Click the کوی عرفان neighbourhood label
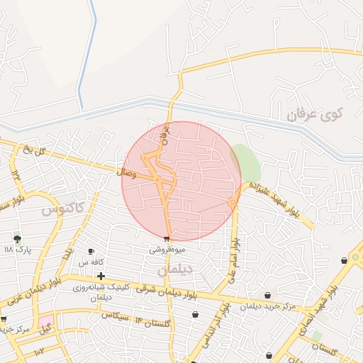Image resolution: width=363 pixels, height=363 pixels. [x=315, y=113]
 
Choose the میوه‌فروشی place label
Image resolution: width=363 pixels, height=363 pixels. [x=167, y=250]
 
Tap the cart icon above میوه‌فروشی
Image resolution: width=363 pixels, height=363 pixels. [x=167, y=239]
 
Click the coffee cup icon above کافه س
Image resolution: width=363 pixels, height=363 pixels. [x=91, y=252]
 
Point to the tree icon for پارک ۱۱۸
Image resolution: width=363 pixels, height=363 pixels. [x=17, y=239]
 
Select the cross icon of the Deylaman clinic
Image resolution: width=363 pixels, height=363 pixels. [x=101, y=276]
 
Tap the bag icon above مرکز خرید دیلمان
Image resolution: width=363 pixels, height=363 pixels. [x=267, y=295]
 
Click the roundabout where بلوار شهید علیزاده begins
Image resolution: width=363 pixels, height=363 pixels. [x=233, y=203]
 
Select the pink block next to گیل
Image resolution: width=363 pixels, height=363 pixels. [x=45, y=320]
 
